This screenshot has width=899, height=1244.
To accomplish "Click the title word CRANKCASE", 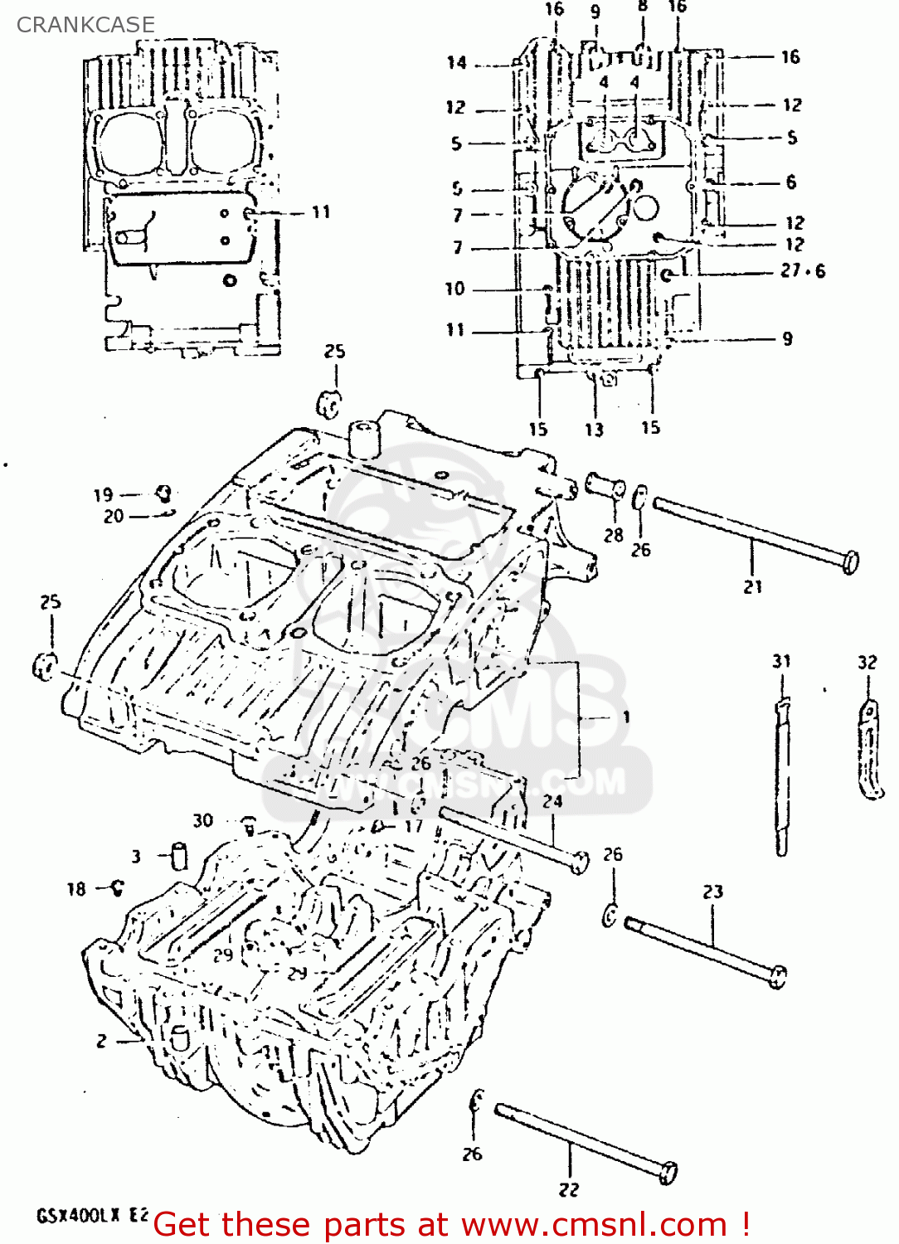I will pyautogui.click(x=85, y=25).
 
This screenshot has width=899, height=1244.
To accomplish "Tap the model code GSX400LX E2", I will pyautogui.click(x=92, y=1216).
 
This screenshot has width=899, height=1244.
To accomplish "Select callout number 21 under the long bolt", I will pyautogui.click(x=752, y=586).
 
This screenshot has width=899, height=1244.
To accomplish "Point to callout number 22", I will pyautogui.click(x=568, y=1189).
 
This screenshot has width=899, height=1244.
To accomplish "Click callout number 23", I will pyautogui.click(x=713, y=892).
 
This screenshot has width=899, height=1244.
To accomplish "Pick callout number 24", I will pyautogui.click(x=552, y=801).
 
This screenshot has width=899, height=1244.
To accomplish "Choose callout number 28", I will pyautogui.click(x=613, y=535).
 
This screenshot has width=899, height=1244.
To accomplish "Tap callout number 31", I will pyautogui.click(x=781, y=661).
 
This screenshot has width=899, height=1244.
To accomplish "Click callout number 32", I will pyautogui.click(x=867, y=662).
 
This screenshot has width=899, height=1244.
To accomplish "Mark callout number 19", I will pyautogui.click(x=103, y=495).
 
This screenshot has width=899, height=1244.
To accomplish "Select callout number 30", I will pyautogui.click(x=203, y=820).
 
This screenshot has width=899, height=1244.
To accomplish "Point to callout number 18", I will pyautogui.click(x=76, y=889).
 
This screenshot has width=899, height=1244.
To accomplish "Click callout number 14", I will pyautogui.click(x=457, y=62).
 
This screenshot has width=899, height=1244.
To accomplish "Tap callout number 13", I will pyautogui.click(x=594, y=430).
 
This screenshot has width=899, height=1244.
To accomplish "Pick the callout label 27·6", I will pyautogui.click(x=802, y=270).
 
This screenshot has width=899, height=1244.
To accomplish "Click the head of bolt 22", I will pyautogui.click(x=668, y=1172).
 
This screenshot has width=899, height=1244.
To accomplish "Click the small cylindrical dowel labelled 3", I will pyautogui.click(x=178, y=855).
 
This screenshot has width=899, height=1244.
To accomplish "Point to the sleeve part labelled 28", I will pyautogui.click(x=605, y=485).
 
